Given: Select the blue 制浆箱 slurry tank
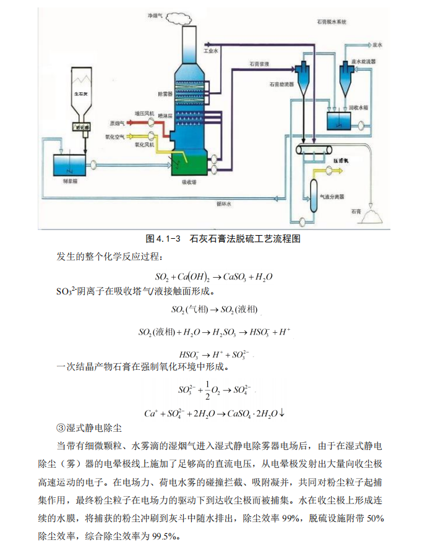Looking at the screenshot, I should (70, 165).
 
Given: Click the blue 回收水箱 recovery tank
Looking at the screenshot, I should (338, 118).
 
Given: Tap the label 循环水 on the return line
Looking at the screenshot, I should (224, 204).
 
